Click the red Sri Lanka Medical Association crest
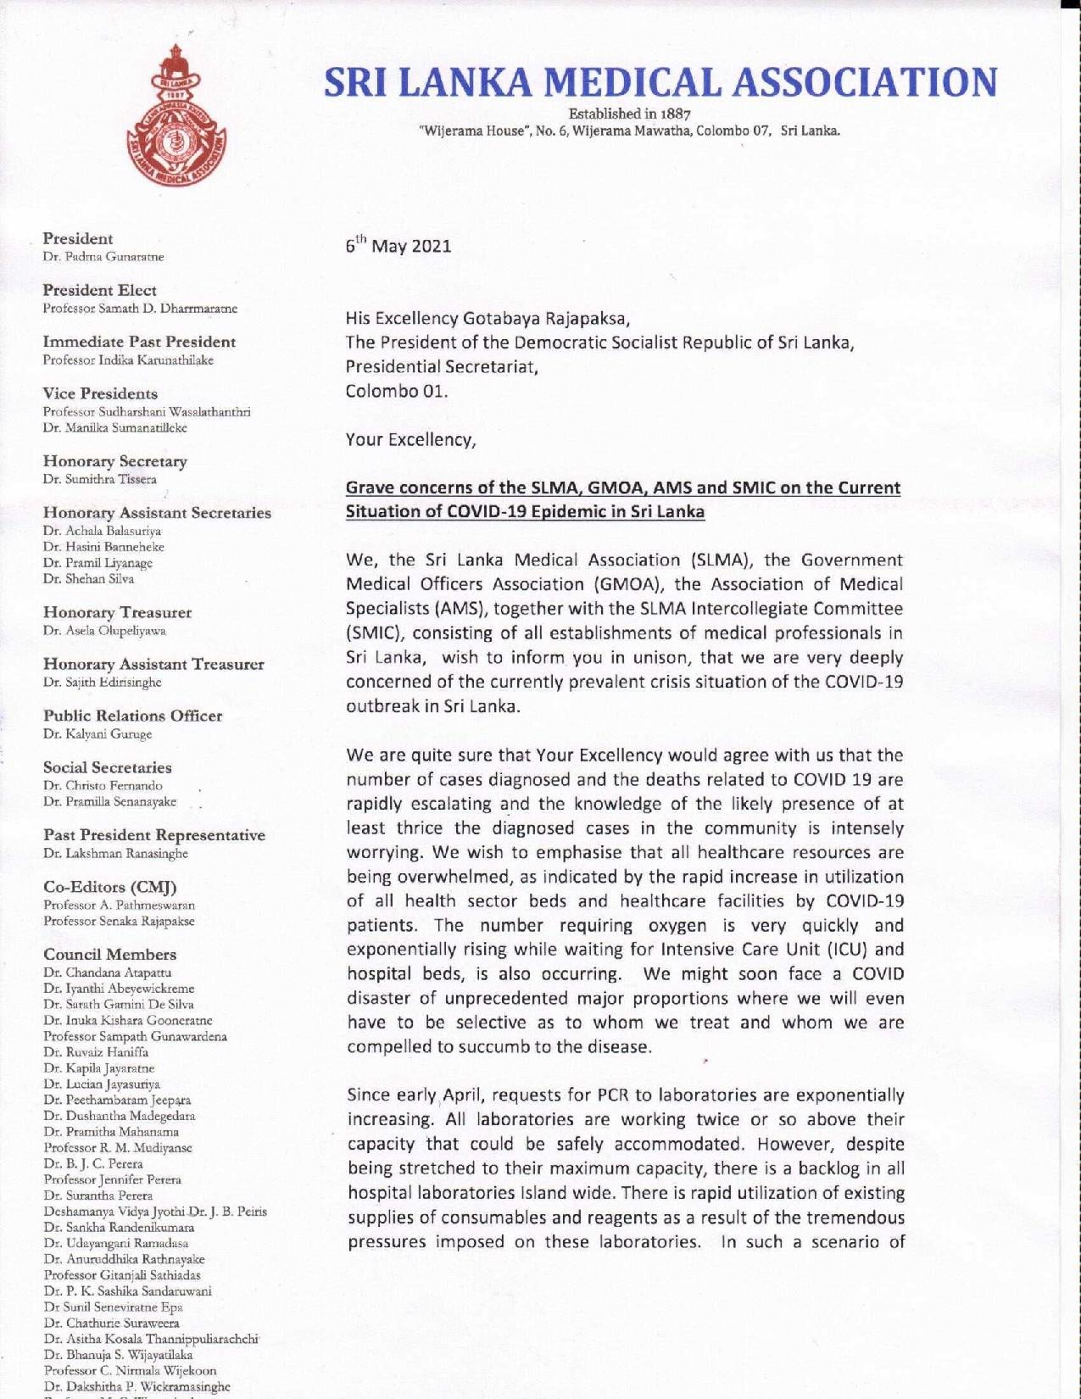178,128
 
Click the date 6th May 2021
398,247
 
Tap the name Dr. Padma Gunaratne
103,256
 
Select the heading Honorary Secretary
115,461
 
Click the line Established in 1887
630,114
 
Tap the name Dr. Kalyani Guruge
98,733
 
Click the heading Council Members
110,954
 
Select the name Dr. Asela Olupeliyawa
104,631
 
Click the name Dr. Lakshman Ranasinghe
115,853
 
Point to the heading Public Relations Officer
133,716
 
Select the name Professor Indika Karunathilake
128,360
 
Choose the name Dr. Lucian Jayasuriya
102,1084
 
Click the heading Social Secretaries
108,767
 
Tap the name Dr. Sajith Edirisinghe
102,682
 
